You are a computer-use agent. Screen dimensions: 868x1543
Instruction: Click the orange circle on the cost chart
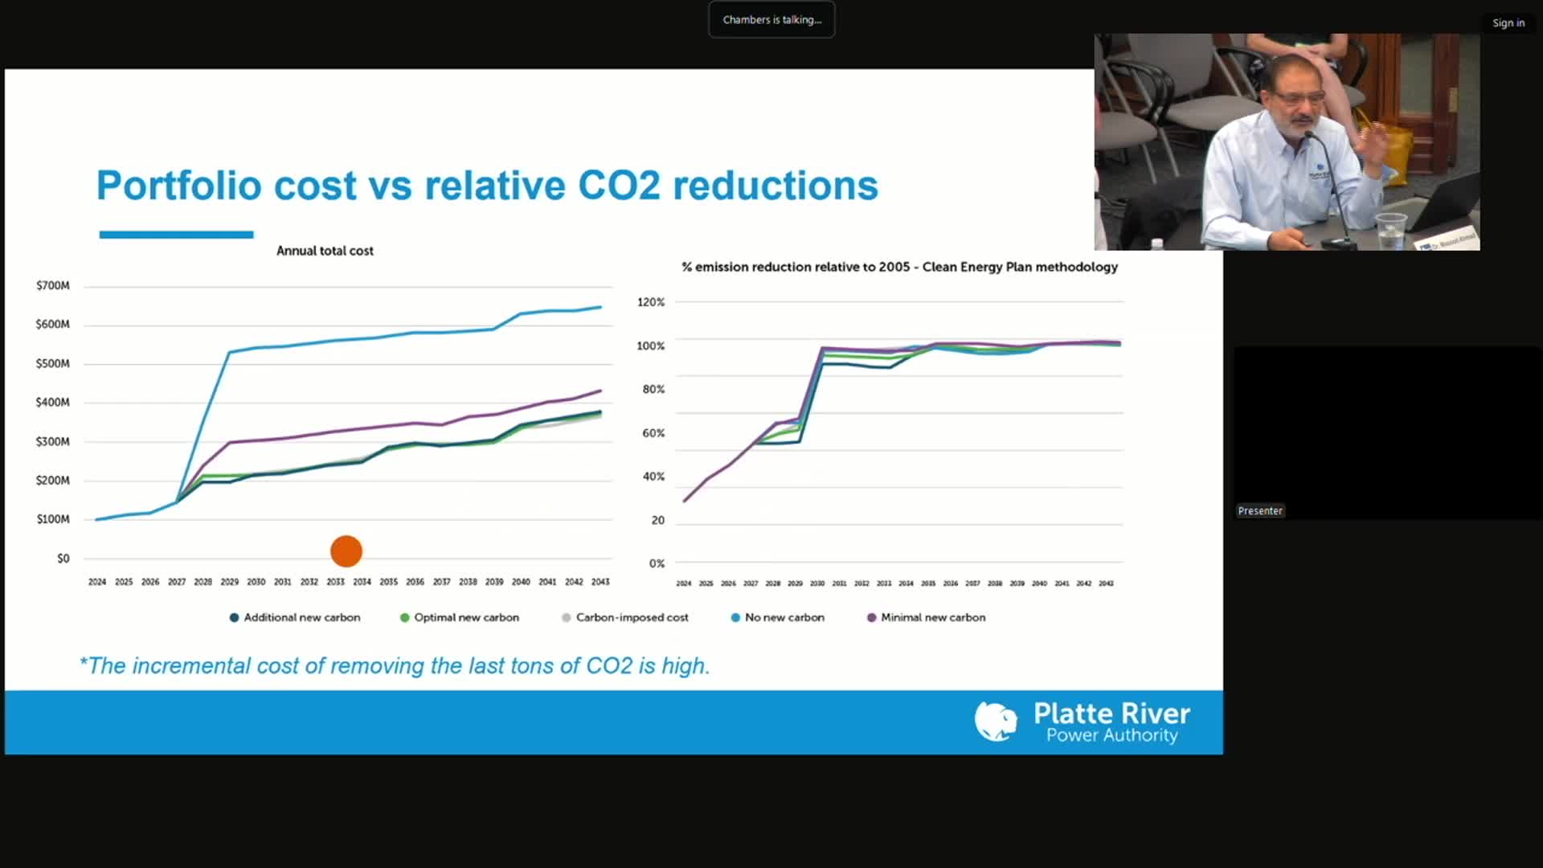(x=346, y=551)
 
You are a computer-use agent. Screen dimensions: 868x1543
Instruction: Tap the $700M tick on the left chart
(x=53, y=285)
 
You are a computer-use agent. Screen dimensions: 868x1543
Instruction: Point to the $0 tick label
(x=63, y=558)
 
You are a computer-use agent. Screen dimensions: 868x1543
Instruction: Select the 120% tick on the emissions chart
(x=651, y=302)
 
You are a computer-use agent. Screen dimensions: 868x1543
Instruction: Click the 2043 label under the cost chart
(x=600, y=582)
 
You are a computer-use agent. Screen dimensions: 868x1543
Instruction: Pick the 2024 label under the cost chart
(x=97, y=582)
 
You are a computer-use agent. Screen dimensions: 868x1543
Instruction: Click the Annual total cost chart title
(x=325, y=251)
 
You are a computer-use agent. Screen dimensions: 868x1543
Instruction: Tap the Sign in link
(x=1508, y=23)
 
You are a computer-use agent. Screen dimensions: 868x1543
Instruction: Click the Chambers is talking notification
(x=771, y=19)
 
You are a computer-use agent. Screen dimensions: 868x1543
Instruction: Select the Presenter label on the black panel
(x=1260, y=510)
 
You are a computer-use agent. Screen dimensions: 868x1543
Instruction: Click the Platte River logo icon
(x=996, y=721)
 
